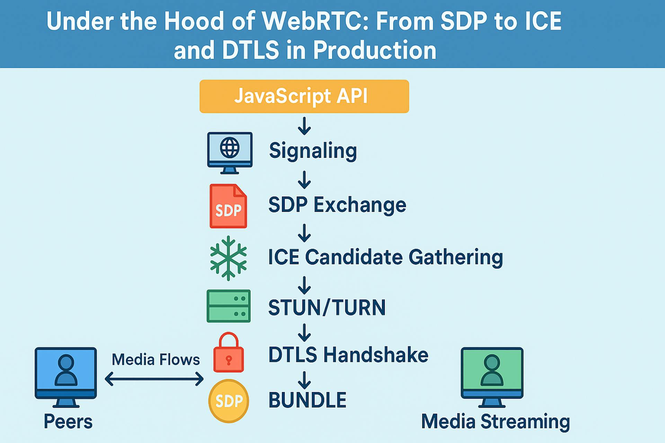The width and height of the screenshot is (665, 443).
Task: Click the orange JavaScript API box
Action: tap(304, 96)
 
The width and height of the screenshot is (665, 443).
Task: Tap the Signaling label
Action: tap(313, 151)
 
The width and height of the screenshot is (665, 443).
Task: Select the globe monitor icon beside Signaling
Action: tap(230, 153)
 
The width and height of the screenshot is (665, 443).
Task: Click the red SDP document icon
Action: tap(228, 206)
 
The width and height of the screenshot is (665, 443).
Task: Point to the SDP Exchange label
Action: tap(337, 205)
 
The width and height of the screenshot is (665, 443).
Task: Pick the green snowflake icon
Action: tap(228, 258)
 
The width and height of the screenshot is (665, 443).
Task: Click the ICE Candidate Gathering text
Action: tap(385, 257)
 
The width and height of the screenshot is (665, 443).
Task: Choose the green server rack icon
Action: tap(229, 306)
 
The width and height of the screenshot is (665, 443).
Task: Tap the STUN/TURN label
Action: tap(327, 307)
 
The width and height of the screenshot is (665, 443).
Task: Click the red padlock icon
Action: tap(229, 353)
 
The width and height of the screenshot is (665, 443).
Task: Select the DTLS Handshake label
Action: tap(348, 355)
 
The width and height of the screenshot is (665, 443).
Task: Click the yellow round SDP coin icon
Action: tap(229, 401)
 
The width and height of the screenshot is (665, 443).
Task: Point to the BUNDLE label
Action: tap(307, 400)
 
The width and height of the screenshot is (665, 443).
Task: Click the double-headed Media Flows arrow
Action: tap(154, 379)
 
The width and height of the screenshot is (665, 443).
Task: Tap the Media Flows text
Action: tap(156, 360)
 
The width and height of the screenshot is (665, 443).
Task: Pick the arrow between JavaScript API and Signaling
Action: tap(304, 126)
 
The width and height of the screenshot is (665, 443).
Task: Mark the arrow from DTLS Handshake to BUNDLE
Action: tap(304, 380)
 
